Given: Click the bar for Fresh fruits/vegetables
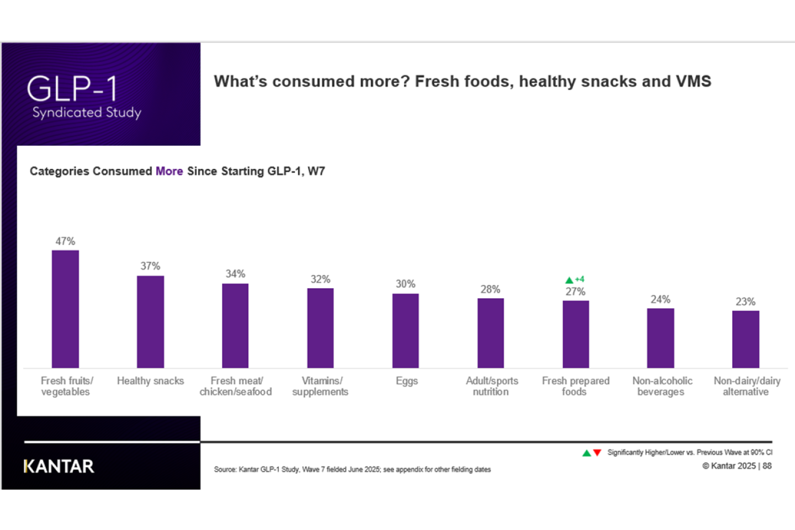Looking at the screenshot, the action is click(x=65, y=309).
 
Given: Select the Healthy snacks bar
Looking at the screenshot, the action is click(x=151, y=322).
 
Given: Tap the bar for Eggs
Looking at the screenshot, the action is click(x=405, y=331).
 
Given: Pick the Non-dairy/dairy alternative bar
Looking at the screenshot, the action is click(x=746, y=340).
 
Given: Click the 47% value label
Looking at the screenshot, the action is click(x=65, y=241).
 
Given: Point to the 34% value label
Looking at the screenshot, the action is click(x=235, y=274).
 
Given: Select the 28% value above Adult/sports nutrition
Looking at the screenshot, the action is click(x=490, y=289).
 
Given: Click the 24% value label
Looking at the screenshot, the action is click(x=660, y=299).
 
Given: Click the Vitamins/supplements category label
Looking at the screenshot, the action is click(x=320, y=386).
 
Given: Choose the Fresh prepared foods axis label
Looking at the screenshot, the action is click(x=575, y=386).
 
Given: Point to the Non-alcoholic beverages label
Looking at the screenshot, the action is click(x=662, y=386).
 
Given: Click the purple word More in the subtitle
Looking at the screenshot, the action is click(x=169, y=171).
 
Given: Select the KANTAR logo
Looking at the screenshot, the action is click(x=59, y=467).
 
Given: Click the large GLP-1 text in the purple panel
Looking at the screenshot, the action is click(x=72, y=88).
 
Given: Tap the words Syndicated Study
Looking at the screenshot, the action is click(x=87, y=113).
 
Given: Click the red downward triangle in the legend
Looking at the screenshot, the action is click(x=597, y=452).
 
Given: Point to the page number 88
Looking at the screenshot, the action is click(x=767, y=466).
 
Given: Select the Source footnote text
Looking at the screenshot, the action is click(x=352, y=469).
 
